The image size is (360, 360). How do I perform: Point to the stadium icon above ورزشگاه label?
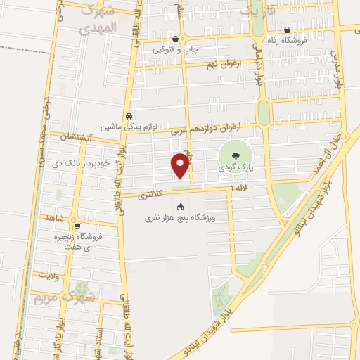pyautogui.click(x=181, y=207)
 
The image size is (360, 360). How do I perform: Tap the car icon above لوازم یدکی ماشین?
pyautogui.click(x=129, y=117)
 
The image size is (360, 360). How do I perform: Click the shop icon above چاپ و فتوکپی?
pyautogui.click(x=175, y=39)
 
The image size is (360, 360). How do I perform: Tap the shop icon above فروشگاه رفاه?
pyautogui.click(x=288, y=30)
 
